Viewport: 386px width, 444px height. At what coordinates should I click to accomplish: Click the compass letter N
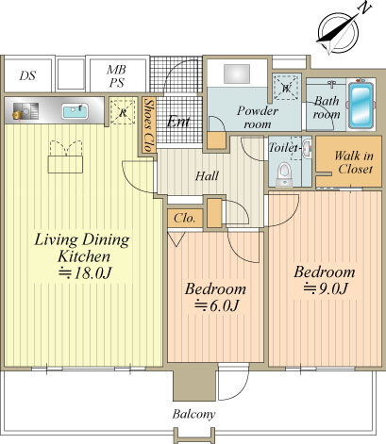(364, 9)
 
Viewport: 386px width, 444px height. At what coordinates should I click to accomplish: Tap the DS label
(27, 75)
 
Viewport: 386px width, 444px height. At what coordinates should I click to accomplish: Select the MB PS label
(117, 76)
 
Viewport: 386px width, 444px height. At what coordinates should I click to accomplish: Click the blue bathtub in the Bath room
(361, 105)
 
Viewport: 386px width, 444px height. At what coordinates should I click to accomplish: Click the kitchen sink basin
(75, 111)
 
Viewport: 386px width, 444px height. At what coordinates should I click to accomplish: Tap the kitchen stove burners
(25, 111)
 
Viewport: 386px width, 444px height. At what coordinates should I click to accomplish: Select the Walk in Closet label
(354, 162)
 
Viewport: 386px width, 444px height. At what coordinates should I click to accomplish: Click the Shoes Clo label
(149, 124)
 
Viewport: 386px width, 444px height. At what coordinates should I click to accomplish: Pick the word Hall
(207, 176)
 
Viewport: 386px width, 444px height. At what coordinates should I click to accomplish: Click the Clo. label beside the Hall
(184, 218)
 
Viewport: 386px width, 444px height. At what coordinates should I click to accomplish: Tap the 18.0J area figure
(85, 273)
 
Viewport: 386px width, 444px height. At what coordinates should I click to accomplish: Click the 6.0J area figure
(216, 305)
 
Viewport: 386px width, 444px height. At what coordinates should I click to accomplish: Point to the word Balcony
(193, 415)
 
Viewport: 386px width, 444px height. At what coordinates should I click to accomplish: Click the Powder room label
(258, 117)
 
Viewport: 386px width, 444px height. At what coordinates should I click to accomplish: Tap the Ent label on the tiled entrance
(178, 121)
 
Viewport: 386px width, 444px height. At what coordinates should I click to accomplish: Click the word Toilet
(283, 147)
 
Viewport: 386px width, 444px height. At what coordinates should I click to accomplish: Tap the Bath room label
(327, 107)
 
